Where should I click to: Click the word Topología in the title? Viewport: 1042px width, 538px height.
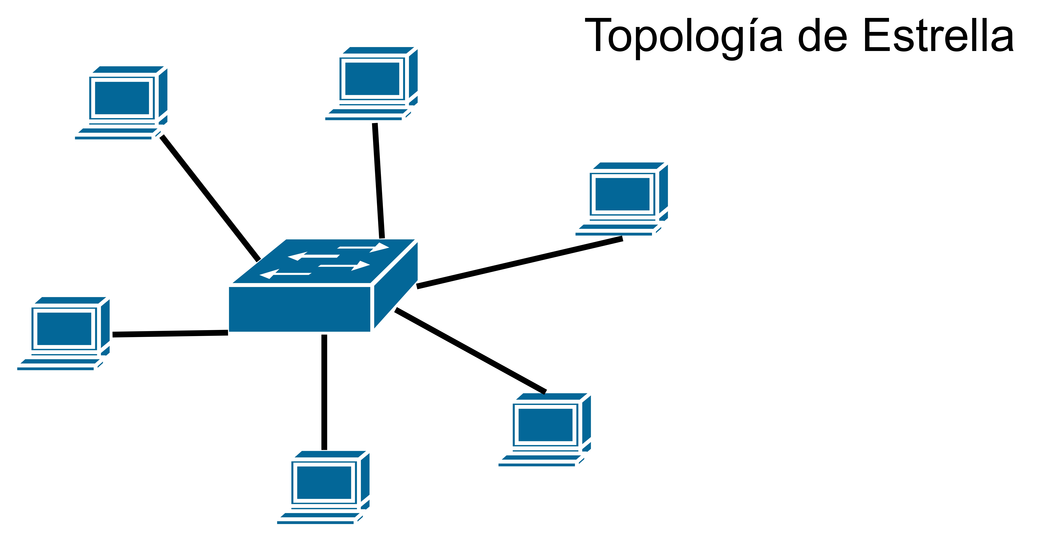click(x=684, y=36)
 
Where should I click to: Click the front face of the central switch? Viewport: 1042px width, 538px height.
click(x=299, y=309)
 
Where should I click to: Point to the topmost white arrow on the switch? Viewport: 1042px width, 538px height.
click(x=363, y=247)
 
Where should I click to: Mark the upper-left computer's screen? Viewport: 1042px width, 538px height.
click(x=122, y=98)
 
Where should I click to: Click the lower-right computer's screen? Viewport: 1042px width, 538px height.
click(x=545, y=425)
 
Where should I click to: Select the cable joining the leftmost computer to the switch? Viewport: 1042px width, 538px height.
click(x=170, y=333)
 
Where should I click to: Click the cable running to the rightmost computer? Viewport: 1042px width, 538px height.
click(x=520, y=263)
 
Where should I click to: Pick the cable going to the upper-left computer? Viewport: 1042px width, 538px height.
click(x=210, y=198)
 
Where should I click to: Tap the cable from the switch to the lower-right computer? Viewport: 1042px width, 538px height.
click(x=470, y=350)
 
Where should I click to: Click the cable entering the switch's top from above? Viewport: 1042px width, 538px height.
click(x=378, y=181)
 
